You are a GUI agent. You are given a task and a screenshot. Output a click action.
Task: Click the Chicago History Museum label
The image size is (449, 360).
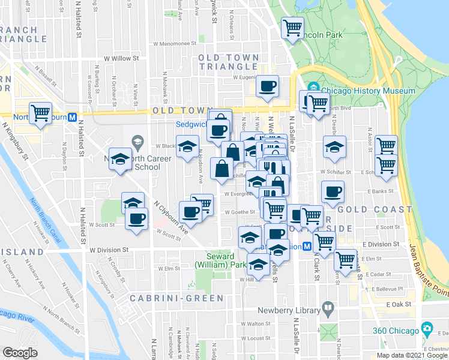coord(367,91)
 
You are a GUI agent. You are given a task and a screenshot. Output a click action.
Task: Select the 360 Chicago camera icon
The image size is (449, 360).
coord(427,329)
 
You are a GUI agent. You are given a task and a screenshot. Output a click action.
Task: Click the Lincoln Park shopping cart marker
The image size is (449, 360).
coord(292,28)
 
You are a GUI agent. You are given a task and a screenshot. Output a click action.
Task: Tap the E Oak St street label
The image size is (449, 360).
coord(399,304)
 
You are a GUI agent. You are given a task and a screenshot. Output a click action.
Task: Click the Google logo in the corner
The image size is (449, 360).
coord(20,352)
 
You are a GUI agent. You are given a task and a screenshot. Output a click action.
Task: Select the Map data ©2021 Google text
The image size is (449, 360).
coord(412,355)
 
